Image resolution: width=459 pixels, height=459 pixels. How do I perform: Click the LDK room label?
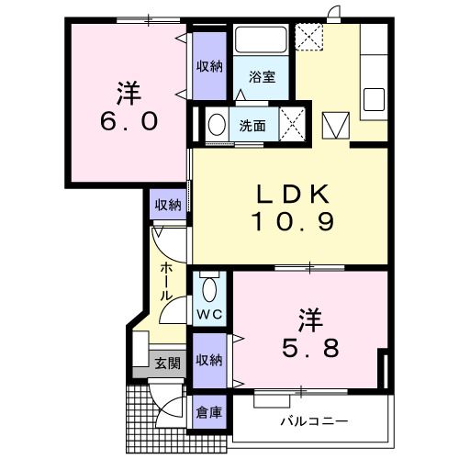click(291, 196)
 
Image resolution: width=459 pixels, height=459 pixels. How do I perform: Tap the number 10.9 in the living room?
click(291, 221)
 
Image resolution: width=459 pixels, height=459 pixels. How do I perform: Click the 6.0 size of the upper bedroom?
click(126, 120)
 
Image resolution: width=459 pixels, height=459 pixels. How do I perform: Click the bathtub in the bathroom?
click(262, 42)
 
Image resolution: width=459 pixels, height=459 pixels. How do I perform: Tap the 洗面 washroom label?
click(252, 126)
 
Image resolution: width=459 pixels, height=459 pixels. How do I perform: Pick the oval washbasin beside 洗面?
click(218, 125)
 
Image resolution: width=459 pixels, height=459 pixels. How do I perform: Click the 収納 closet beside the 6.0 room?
click(209, 65)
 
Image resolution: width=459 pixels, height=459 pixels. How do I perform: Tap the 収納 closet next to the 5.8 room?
click(209, 361)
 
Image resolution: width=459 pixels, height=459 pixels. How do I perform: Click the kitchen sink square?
click(375, 98)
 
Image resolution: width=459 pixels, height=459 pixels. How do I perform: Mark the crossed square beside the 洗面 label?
click(292, 122)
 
